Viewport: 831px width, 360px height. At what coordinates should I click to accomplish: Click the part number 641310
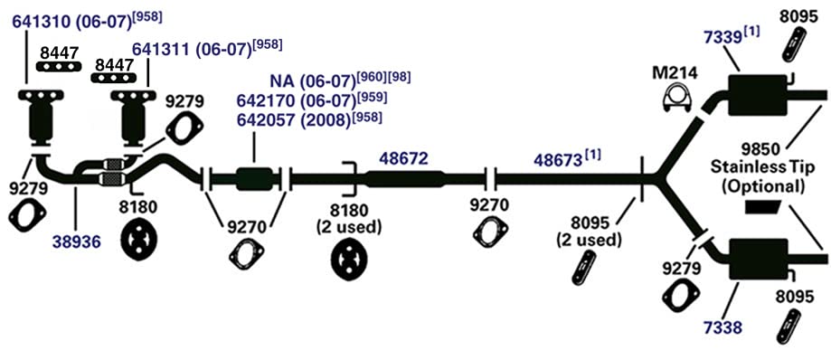click(44, 23)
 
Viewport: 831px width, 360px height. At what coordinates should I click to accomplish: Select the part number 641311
click(164, 50)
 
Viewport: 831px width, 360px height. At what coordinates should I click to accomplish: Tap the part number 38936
click(77, 242)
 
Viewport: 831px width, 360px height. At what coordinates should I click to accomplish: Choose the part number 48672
click(403, 158)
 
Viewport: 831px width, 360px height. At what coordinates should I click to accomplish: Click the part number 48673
click(559, 159)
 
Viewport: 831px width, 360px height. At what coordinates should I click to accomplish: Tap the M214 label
click(675, 72)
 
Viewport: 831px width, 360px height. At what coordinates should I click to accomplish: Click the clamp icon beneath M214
click(675, 98)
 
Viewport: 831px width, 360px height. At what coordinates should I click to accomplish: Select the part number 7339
click(722, 38)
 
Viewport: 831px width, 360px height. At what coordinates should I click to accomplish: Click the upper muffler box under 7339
click(758, 95)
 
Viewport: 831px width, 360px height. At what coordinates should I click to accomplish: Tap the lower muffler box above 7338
click(758, 260)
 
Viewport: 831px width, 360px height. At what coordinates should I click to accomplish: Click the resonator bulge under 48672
click(405, 179)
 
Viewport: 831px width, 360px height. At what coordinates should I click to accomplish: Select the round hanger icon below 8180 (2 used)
click(349, 260)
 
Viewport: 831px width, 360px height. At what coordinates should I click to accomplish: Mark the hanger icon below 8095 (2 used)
click(584, 267)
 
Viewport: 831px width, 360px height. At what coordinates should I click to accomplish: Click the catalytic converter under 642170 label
click(254, 179)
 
